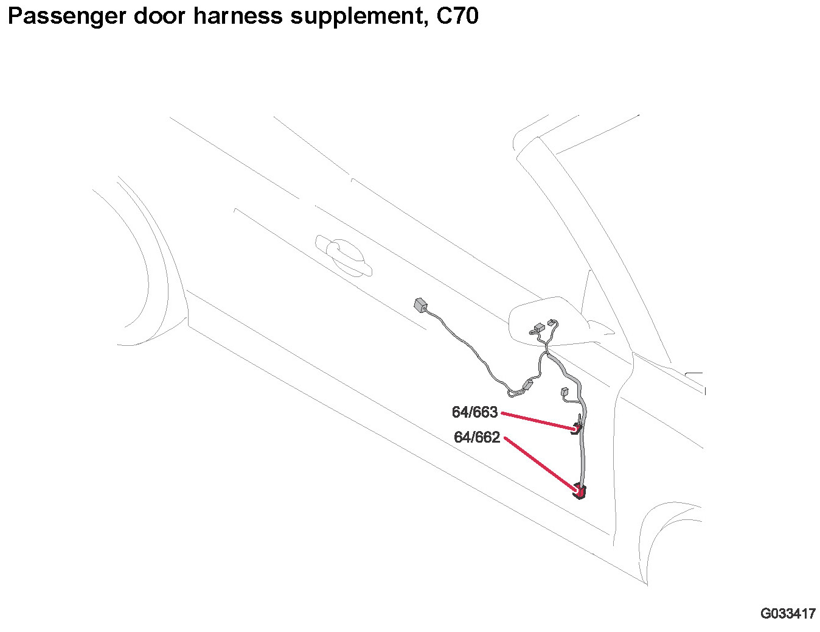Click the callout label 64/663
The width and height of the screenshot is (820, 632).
point(474,413)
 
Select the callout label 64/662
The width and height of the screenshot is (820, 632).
point(477,437)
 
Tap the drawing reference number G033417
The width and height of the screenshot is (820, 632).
point(787,614)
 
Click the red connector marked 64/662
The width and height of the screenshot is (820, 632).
point(580,490)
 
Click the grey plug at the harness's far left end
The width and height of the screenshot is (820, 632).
point(420,304)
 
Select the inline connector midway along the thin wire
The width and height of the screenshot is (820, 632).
point(527,385)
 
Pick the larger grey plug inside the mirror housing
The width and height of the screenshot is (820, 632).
point(537,328)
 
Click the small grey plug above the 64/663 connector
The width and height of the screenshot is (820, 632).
point(563,391)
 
